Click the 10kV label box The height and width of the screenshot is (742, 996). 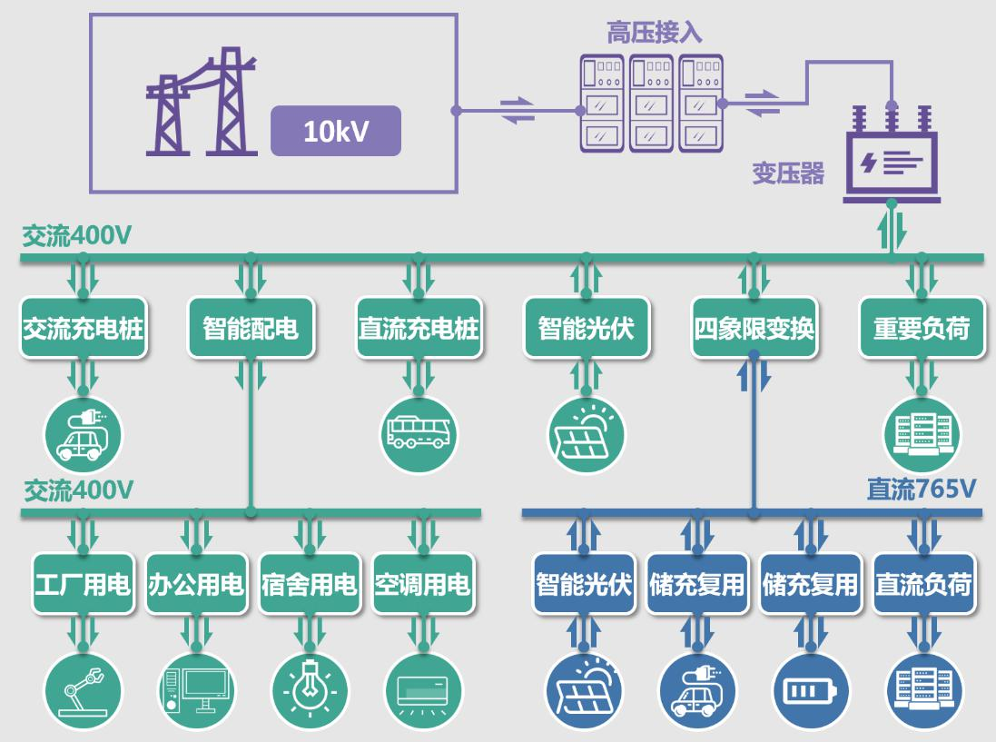pos(336,131)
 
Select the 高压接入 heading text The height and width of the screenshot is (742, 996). pos(654,34)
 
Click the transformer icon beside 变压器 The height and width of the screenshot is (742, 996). pos(892,158)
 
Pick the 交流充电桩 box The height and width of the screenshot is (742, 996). pos(84,328)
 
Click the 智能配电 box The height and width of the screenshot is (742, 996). pos(251,328)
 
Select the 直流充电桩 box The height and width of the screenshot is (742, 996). pos(419,328)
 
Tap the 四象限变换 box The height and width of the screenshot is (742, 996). pos(754,328)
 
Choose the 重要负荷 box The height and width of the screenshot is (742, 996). pos(922,328)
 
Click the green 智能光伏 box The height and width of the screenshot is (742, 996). pos(586,328)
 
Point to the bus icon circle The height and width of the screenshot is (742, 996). pos(419,433)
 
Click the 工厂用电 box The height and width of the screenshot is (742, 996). pos(83,584)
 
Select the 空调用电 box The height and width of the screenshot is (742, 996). pos(423,584)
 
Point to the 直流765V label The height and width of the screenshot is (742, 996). pos(921,490)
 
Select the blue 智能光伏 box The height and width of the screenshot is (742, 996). pos(584,584)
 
